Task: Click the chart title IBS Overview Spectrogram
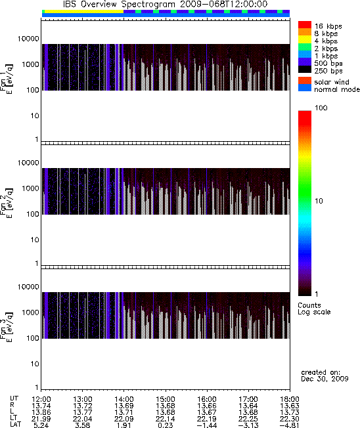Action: (x=119, y=5)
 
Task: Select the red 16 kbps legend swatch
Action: (x=305, y=25)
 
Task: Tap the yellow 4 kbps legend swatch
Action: (x=305, y=40)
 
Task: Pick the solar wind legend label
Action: (x=332, y=82)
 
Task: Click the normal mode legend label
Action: (x=337, y=89)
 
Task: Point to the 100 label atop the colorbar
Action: (x=321, y=108)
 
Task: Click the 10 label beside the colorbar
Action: (x=319, y=201)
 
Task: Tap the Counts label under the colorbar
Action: (x=309, y=305)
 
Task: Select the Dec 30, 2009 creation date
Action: (x=325, y=379)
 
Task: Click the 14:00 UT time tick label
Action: (x=124, y=399)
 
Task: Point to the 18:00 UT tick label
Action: (x=290, y=399)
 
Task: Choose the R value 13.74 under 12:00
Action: (x=41, y=406)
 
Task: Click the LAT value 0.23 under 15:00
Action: (x=166, y=425)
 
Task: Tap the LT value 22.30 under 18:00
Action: (x=290, y=419)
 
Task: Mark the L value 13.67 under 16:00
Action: (x=206, y=412)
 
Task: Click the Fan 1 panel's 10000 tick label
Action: (x=28, y=39)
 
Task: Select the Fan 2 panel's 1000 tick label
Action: (x=31, y=188)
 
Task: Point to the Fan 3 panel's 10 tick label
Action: (x=35, y=364)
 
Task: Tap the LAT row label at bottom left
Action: (x=15, y=425)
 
